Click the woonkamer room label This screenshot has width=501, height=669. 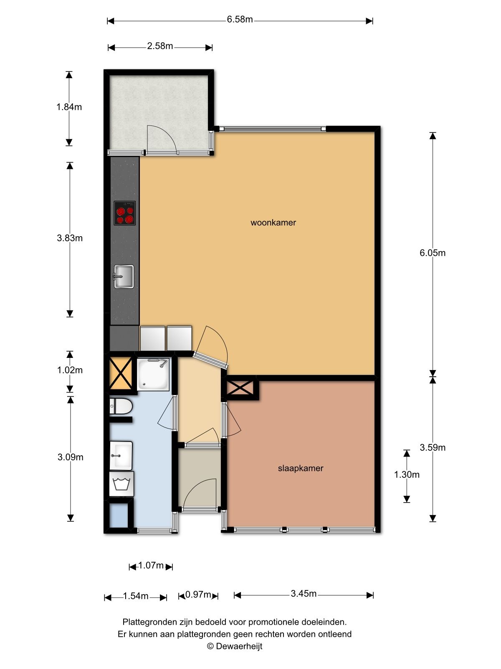pos(273,223)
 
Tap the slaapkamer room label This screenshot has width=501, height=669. pos(301,468)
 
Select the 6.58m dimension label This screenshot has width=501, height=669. pos(240,20)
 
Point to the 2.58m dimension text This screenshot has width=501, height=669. pos(160,46)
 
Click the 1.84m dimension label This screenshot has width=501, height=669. pos(69,107)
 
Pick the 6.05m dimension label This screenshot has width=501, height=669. pos(432,253)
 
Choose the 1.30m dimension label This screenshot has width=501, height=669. pos(407,475)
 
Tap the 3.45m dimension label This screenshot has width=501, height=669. pos(304,594)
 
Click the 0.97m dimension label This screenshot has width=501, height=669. pos(198,594)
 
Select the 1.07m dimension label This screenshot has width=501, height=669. pos(151,566)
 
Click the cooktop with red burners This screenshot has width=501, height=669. pos(125,213)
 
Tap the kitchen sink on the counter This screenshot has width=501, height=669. pos(124,276)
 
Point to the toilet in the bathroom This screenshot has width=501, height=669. pos(121,406)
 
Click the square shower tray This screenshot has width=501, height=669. pos(153,375)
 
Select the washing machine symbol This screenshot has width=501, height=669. pos(121,484)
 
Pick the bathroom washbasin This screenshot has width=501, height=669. pos(121,456)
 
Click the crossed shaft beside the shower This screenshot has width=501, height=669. pos(121,373)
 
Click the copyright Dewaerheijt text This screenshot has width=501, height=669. pos(235,646)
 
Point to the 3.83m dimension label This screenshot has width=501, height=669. pos(70,238)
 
